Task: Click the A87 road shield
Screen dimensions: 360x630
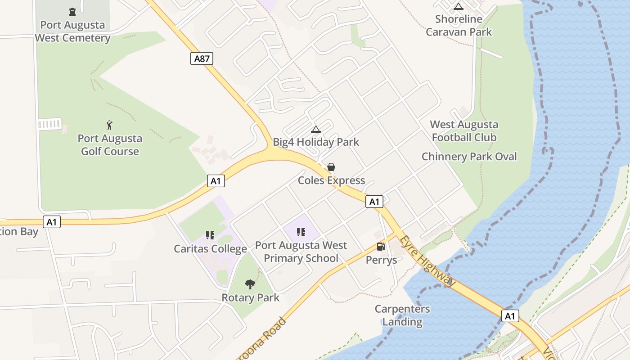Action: pos(202,58)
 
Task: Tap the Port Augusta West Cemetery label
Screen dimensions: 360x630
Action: pos(72,31)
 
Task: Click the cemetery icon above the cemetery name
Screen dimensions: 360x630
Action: pos(72,11)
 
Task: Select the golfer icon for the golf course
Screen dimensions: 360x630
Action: pos(109,125)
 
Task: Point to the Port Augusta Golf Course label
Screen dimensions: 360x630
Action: pos(110,145)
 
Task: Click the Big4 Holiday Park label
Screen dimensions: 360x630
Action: pos(316,142)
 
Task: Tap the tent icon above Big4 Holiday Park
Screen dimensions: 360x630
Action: pos(316,130)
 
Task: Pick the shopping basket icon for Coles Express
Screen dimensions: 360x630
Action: pos(331,167)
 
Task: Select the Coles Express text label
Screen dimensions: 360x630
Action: pos(331,180)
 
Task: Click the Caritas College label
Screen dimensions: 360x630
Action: pos(211,249)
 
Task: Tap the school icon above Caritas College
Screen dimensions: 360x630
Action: pos(210,235)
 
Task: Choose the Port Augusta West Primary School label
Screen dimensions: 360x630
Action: pos(301,252)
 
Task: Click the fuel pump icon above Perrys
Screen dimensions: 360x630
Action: pos(381,247)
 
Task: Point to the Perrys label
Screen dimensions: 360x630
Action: pos(381,260)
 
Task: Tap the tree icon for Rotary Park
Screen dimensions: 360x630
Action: pos(250,284)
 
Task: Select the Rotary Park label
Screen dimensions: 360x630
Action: pos(250,298)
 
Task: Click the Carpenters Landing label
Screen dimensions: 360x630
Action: pos(402,315)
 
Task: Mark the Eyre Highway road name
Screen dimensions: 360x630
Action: pos(428,261)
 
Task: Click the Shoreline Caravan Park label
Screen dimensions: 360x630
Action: pos(459,26)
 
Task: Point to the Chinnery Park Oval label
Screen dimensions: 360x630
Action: pos(469,157)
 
